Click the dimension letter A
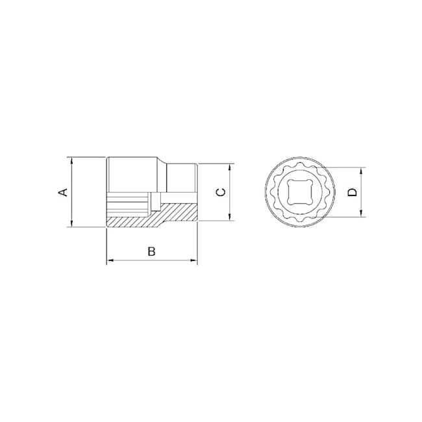click(x=63, y=192)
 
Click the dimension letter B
click(x=152, y=251)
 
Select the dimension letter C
click(x=221, y=192)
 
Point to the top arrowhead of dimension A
click(x=71, y=160)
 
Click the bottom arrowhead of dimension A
click(x=71, y=223)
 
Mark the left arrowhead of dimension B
click(x=110, y=260)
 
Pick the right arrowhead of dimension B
click(x=193, y=260)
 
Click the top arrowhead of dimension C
click(x=229, y=167)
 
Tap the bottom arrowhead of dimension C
click(x=229, y=217)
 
